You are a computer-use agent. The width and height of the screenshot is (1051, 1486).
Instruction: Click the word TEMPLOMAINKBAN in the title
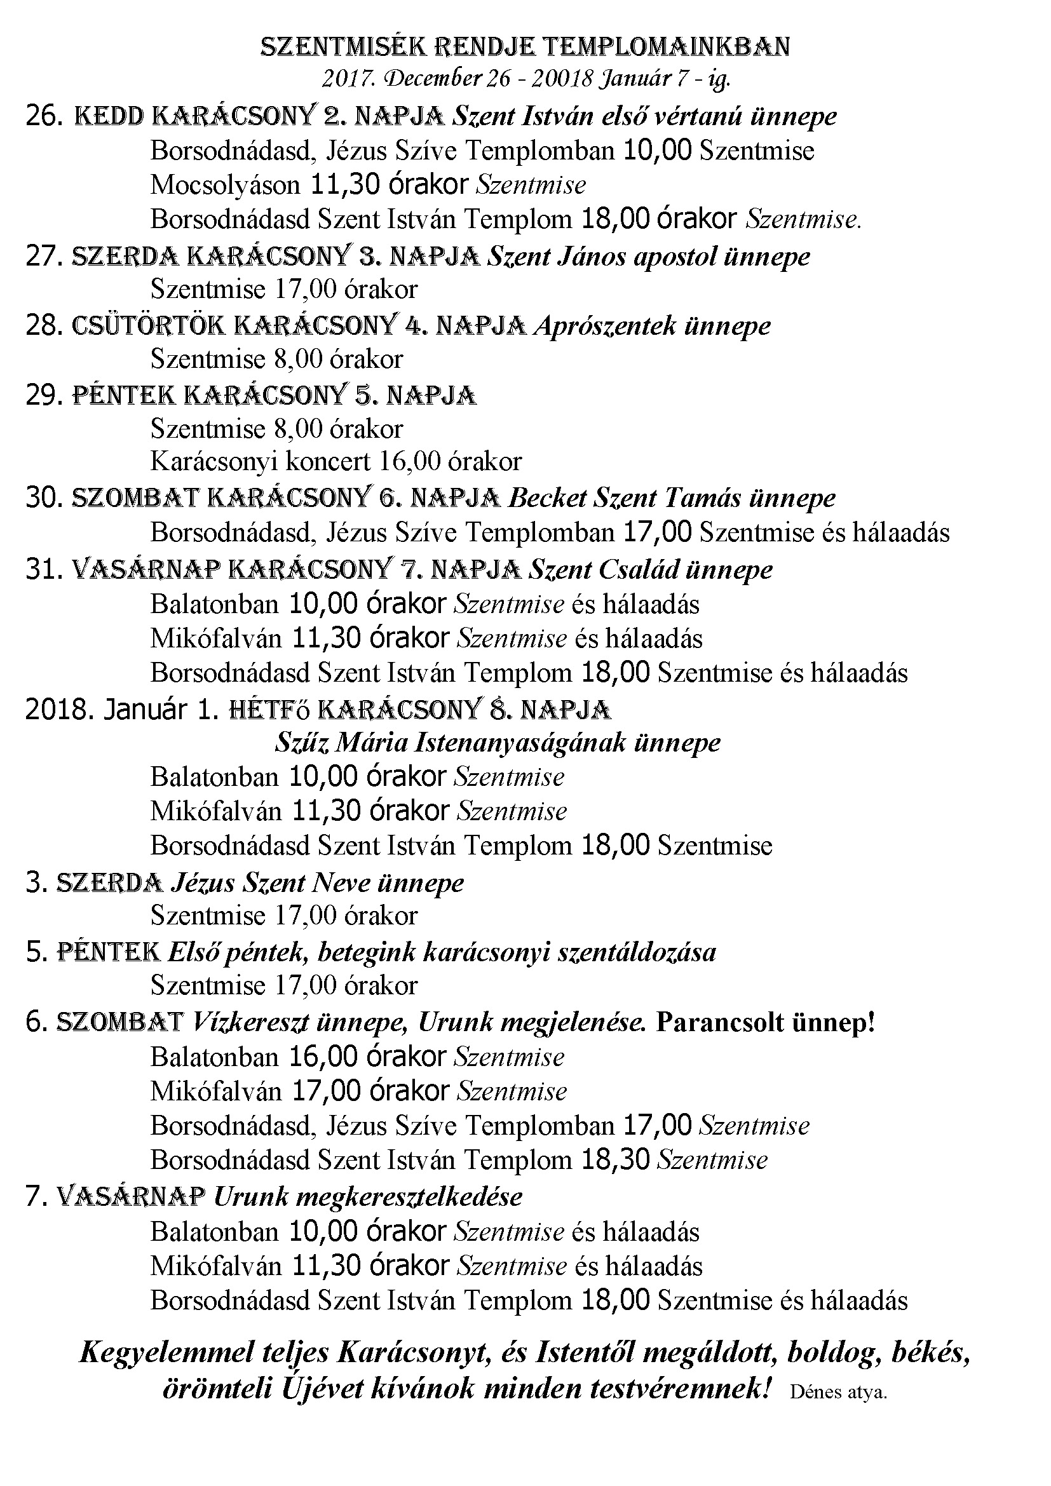(665, 47)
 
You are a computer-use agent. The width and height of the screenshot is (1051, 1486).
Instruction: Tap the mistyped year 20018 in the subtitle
(562, 79)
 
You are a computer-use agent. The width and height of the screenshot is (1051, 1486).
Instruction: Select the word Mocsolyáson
(225, 185)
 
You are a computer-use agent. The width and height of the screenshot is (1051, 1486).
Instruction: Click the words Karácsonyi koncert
(260, 461)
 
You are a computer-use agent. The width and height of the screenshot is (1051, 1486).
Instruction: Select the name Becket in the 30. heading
(548, 498)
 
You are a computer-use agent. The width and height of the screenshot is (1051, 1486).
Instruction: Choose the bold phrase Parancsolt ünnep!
(765, 1022)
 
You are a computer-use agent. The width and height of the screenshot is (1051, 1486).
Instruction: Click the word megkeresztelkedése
(409, 1196)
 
